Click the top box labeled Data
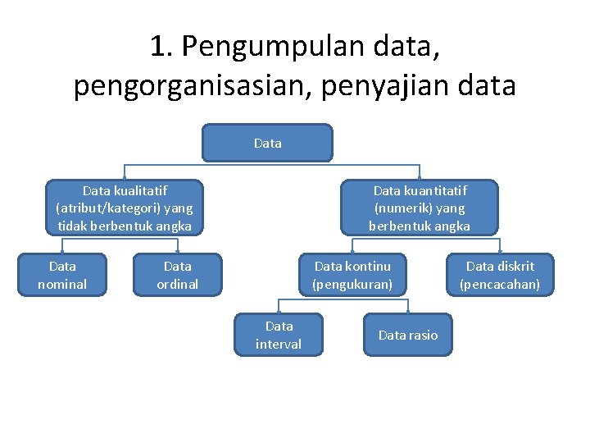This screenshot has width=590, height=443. click(268, 143)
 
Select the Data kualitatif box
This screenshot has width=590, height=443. click(125, 208)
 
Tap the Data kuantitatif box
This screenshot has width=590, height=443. click(420, 208)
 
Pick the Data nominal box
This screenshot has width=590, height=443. click(62, 275)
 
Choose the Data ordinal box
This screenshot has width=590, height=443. click(178, 275)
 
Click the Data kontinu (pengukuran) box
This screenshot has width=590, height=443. click(352, 275)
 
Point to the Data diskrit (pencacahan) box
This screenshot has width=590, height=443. click(500, 275)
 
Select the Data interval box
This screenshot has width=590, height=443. click(279, 335)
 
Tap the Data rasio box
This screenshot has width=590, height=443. click(408, 335)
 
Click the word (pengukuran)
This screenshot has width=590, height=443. click(352, 285)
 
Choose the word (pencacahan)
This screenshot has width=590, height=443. click(500, 285)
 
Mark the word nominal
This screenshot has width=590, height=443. click(62, 285)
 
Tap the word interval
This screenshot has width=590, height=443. click(279, 344)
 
